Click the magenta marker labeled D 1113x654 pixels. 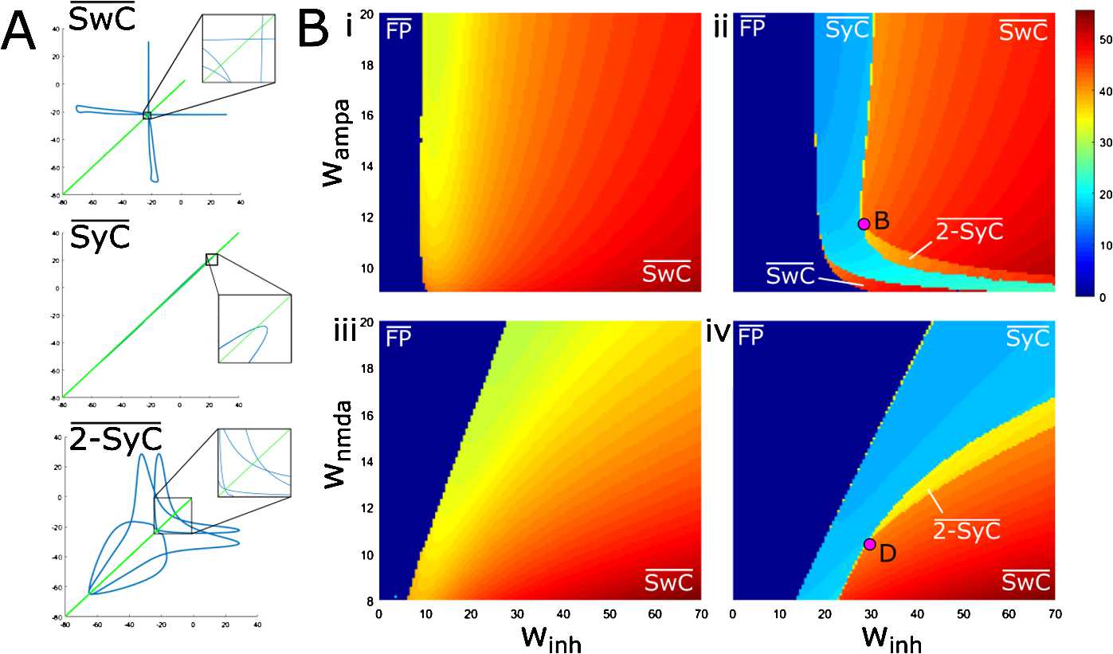pyautogui.click(x=869, y=544)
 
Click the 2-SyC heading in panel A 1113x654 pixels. pyautogui.click(x=116, y=439)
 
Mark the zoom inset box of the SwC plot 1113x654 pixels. pyautogui.click(x=238, y=49)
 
